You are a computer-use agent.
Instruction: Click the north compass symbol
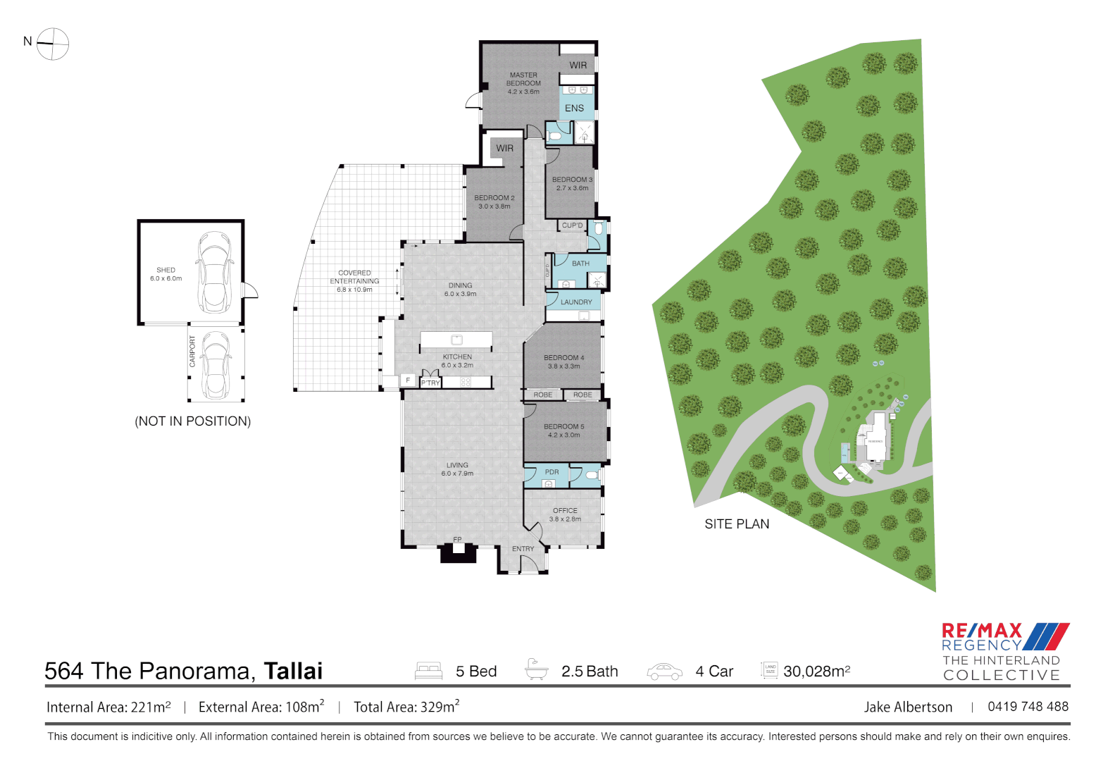[x=52, y=44]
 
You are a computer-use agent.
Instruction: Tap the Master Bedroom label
[x=523, y=83]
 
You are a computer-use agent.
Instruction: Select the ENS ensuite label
[x=574, y=109]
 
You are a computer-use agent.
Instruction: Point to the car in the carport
[x=215, y=364]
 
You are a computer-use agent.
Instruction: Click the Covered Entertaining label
[x=354, y=280]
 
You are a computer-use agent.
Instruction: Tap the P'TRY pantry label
[x=430, y=383]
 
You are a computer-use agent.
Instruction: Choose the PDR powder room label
[x=552, y=472]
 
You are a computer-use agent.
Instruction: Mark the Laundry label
[x=576, y=302]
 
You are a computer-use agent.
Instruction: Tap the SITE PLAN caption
[x=737, y=524]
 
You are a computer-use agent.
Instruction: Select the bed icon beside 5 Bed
[x=428, y=671]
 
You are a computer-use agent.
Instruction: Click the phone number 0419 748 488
[x=1028, y=707]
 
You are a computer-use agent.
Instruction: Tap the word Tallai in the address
[x=293, y=671]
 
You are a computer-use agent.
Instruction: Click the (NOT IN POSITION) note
[x=192, y=421]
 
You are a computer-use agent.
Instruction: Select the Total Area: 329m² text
[x=406, y=707]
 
